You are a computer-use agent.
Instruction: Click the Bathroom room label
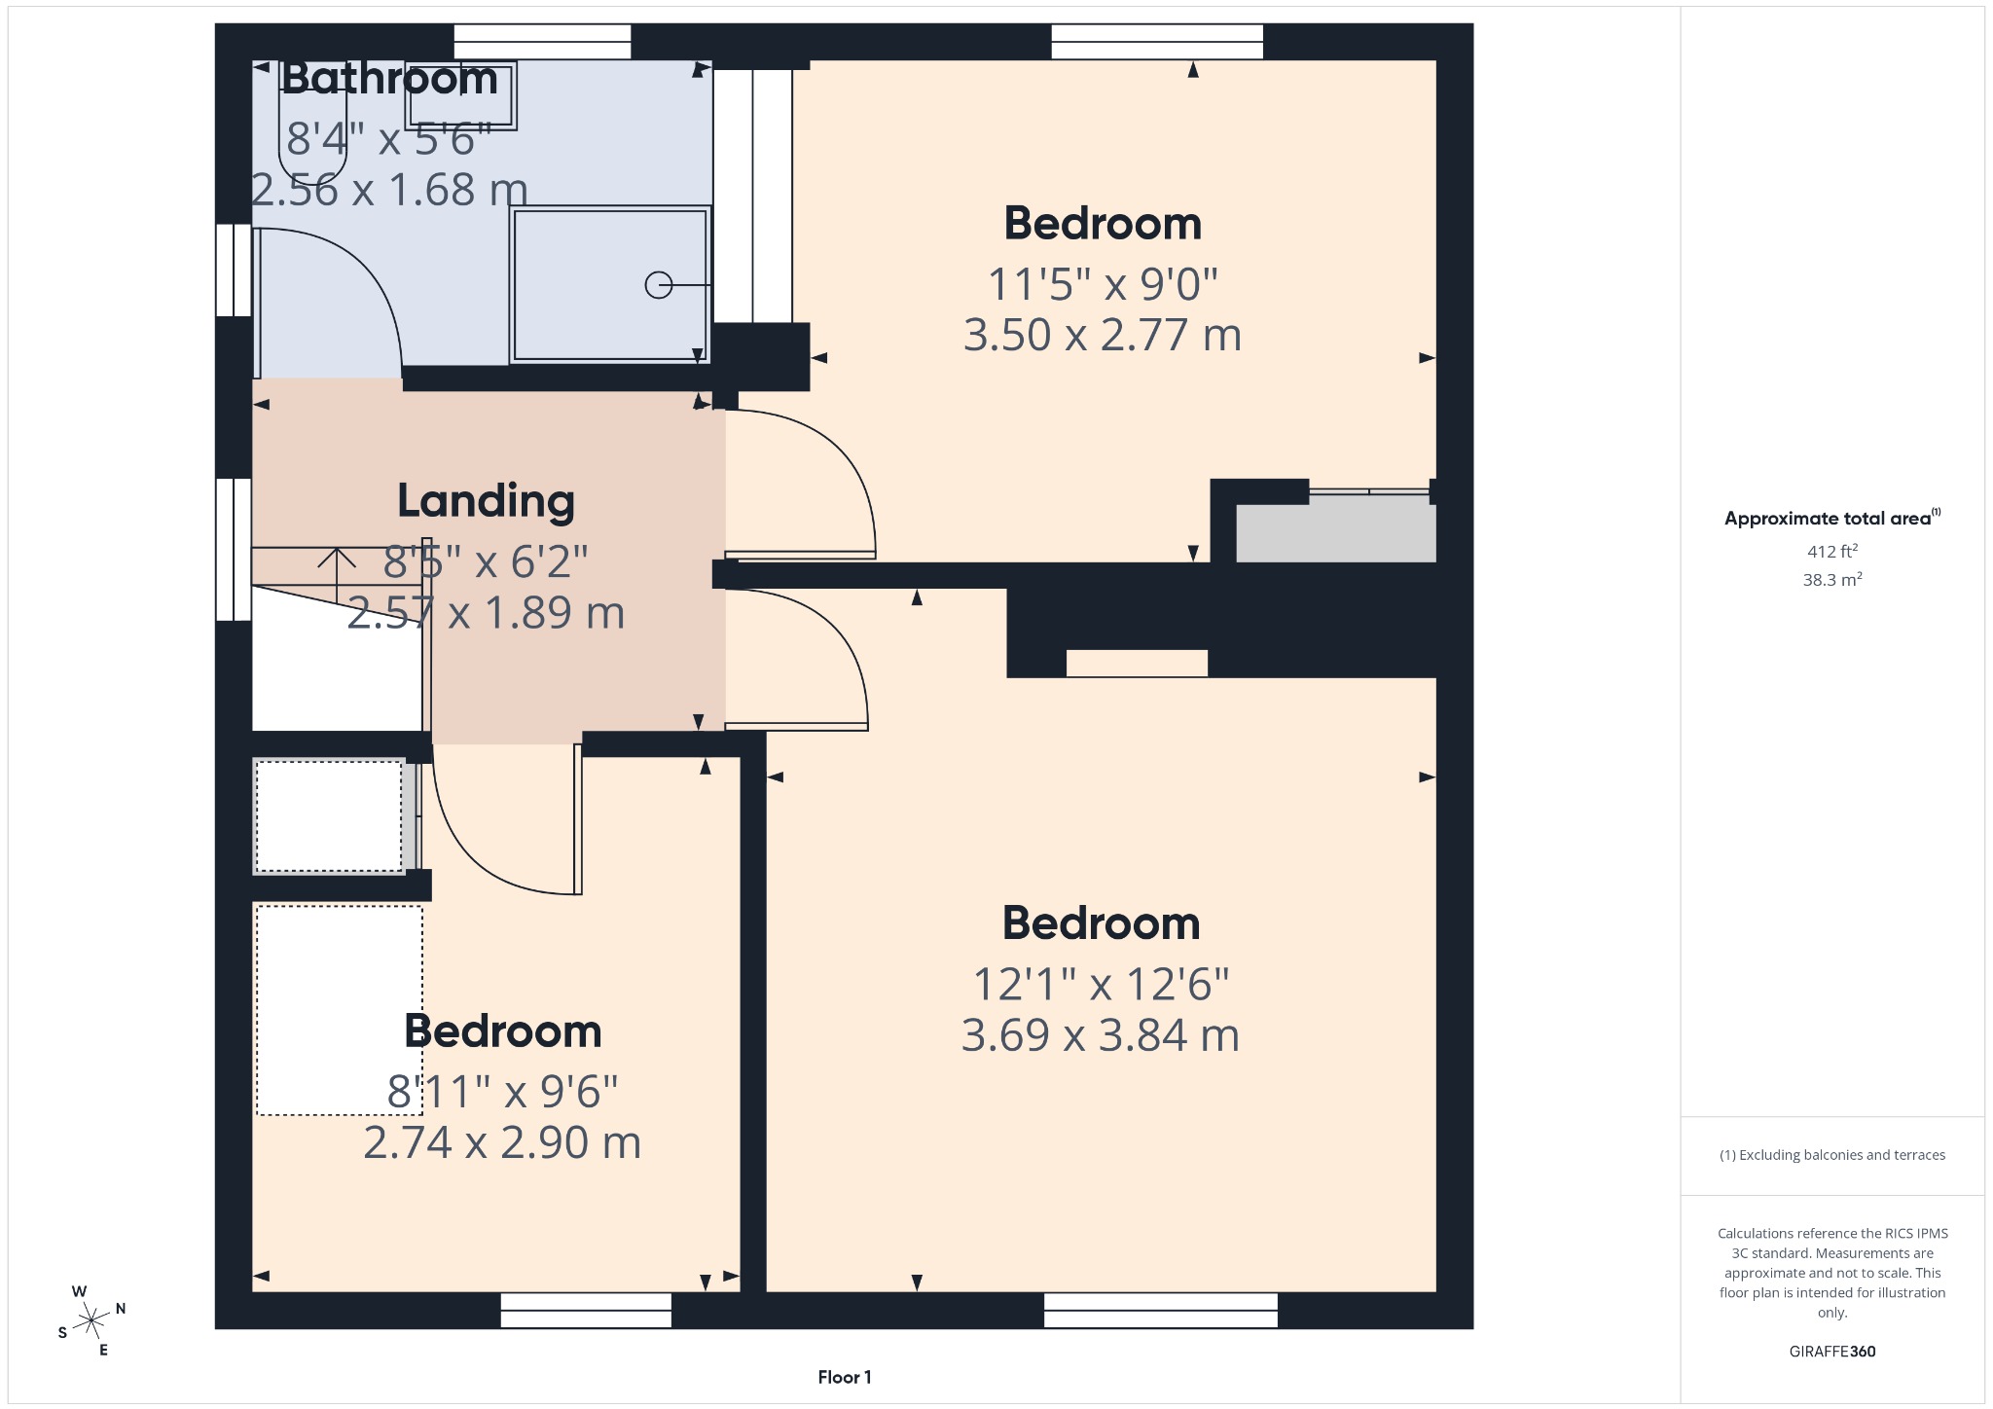pos(389,78)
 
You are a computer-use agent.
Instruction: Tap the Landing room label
pos(486,500)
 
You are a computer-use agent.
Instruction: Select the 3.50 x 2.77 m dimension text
pos(1102,335)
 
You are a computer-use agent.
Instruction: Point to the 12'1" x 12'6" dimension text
pos(1101,984)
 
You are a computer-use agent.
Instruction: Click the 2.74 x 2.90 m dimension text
pos(502,1142)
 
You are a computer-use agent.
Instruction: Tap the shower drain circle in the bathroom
pos(659,284)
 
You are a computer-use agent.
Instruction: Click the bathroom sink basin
pos(460,95)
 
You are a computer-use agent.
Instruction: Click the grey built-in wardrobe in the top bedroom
pos(1335,530)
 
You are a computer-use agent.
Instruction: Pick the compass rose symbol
pos(91,1320)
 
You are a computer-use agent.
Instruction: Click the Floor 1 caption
pos(844,1377)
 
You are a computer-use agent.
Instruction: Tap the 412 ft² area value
pos(1831,552)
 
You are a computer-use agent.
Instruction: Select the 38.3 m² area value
pos(1831,580)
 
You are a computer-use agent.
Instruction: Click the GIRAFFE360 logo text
pos(1831,1352)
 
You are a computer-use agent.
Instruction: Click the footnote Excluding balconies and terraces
pos(1831,1155)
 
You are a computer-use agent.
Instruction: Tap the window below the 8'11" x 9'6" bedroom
pos(586,1310)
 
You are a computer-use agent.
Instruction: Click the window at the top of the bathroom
pos(542,42)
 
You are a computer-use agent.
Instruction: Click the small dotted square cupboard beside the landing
pos(329,816)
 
